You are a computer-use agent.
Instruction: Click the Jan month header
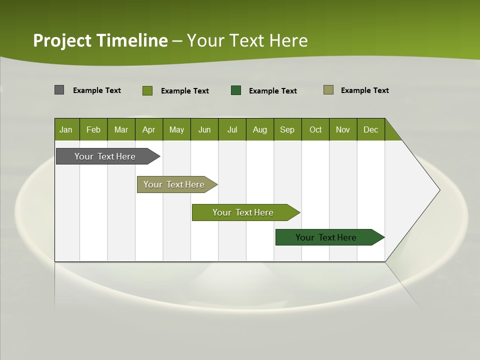66,130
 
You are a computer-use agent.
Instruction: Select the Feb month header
93,130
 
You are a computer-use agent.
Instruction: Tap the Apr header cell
148,130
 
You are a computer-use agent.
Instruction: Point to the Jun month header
204,130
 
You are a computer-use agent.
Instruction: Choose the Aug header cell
259,130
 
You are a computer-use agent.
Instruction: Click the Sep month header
287,130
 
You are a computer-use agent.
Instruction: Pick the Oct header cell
315,130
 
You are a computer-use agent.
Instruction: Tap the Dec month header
370,130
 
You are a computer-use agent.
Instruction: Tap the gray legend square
59,90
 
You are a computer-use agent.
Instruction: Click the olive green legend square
147,90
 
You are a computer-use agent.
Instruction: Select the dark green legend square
235,90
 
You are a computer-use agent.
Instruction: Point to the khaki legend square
328,90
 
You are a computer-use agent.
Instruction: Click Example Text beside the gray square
97,90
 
